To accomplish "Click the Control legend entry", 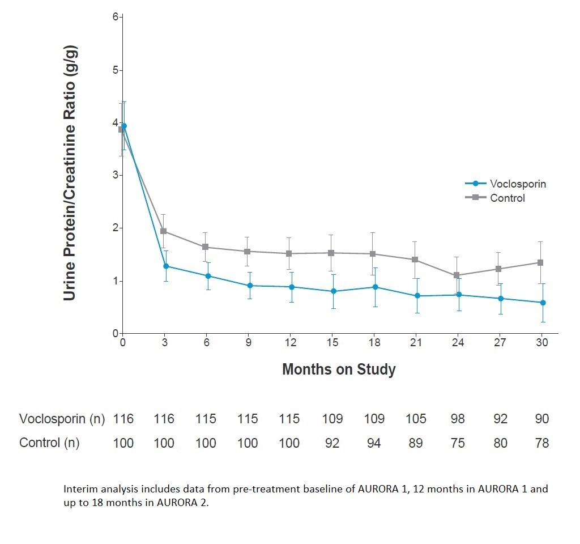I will (x=507, y=198).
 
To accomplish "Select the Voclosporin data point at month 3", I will (x=165, y=266).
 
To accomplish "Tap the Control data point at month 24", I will (x=457, y=275).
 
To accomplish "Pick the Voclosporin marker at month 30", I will (x=543, y=303).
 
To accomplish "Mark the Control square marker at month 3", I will (x=163, y=231).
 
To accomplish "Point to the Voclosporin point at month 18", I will (x=374, y=287).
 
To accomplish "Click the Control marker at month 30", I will (x=540, y=262).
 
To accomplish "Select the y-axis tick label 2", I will (x=116, y=228).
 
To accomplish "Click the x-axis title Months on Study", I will (x=339, y=370).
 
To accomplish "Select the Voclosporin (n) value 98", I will (x=458, y=419).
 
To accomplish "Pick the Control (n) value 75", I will (x=458, y=443).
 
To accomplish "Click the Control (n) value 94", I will (x=374, y=443).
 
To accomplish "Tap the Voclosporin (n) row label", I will (x=62, y=419).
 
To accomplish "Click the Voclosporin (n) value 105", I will (x=415, y=419).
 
